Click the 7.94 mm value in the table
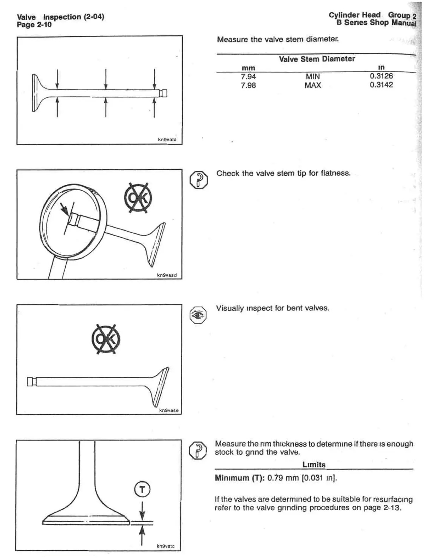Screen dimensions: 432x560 (x=248, y=76)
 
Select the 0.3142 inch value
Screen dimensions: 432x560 (x=381, y=85)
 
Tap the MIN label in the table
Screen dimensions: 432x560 (x=313, y=76)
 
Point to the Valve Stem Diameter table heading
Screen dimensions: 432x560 (x=317, y=59)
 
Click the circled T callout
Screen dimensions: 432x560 (x=142, y=490)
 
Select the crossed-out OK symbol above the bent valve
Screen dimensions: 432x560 (x=106, y=339)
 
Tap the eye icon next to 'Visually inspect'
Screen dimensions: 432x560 (x=198, y=315)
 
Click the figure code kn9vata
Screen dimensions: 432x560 (x=167, y=140)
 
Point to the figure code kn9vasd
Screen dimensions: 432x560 (x=167, y=275)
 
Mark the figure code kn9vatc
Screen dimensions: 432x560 (x=166, y=546)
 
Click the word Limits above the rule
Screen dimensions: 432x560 (x=314, y=465)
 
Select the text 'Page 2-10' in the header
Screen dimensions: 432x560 (x=34, y=25)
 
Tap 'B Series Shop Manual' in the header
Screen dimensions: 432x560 (x=377, y=23)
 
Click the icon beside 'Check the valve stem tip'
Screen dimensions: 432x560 (x=199, y=180)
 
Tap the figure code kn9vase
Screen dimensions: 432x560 (x=169, y=410)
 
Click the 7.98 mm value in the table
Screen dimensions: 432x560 (x=248, y=85)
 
